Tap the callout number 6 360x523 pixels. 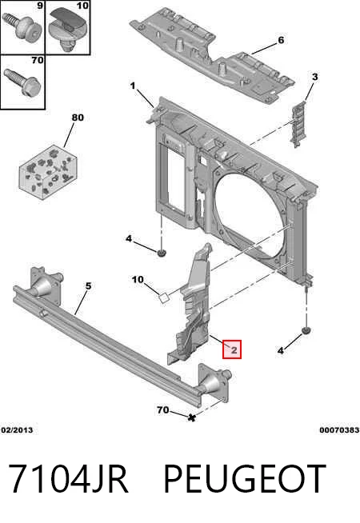point(281,40)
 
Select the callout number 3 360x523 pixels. point(314,77)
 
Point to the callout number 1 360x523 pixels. point(133,86)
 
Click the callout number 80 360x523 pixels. point(78,118)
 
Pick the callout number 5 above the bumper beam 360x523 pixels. point(88,286)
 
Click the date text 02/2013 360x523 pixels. point(17,430)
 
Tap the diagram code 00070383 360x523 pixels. point(339,430)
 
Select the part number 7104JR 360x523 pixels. point(68,479)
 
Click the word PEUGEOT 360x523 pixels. point(245,479)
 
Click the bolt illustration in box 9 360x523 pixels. point(22,27)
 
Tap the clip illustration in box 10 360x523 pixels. point(67,30)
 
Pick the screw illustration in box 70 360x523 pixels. point(22,82)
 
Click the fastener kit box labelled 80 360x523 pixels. point(48,172)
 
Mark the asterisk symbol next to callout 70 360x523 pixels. point(191,417)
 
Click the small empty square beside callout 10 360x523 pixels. point(163,297)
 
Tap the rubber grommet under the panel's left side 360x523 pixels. point(162,254)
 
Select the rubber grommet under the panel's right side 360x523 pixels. point(306,331)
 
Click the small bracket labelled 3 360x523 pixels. point(298,124)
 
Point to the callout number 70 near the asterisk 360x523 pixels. point(163,409)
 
